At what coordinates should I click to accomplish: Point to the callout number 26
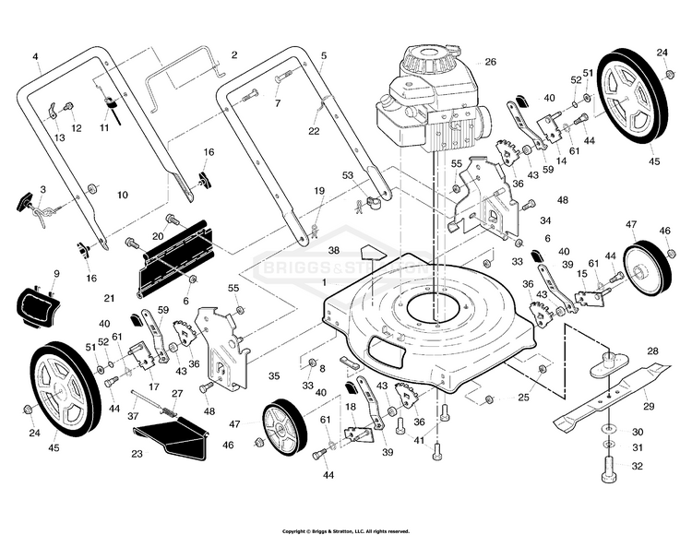tap(490, 63)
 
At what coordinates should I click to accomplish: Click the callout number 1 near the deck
tap(324, 280)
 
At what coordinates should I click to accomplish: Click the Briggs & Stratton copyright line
tap(346, 530)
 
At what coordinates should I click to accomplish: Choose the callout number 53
tap(348, 174)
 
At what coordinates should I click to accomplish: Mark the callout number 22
tap(314, 131)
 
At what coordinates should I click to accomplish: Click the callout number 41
tap(420, 442)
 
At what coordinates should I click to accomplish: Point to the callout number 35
tap(273, 376)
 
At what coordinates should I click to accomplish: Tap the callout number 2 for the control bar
tap(233, 55)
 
